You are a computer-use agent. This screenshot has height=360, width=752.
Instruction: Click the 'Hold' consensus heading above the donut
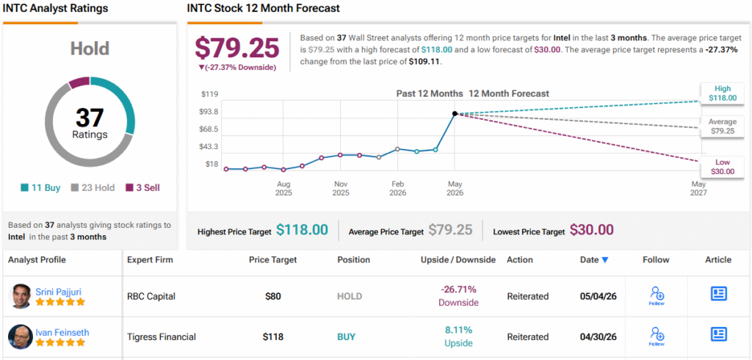pyautogui.click(x=90, y=48)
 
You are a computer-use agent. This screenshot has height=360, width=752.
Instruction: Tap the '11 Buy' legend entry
pyautogui.click(x=40, y=187)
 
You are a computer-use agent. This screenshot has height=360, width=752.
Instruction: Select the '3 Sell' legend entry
pyautogui.click(x=142, y=187)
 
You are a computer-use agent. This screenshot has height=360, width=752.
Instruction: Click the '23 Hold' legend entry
pyautogui.click(x=93, y=187)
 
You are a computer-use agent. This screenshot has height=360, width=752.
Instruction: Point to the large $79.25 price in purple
pyautogui.click(x=237, y=48)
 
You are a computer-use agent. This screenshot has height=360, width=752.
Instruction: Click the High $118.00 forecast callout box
pyautogui.click(x=723, y=93)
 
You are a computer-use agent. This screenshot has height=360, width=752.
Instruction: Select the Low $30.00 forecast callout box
pyautogui.click(x=723, y=167)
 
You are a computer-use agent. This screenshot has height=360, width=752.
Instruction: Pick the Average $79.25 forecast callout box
pyautogui.click(x=723, y=126)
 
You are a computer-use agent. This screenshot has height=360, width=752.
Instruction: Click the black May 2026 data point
pyautogui.click(x=455, y=114)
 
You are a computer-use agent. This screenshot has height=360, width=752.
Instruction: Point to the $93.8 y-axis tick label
pyautogui.click(x=209, y=112)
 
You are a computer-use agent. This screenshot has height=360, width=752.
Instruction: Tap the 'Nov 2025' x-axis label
pyautogui.click(x=341, y=188)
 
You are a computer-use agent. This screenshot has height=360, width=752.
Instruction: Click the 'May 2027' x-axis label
pyautogui.click(x=698, y=188)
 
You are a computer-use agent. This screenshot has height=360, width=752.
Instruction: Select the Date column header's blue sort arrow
pyautogui.click(x=605, y=260)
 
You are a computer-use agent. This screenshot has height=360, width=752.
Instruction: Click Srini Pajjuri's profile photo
pyautogui.click(x=20, y=296)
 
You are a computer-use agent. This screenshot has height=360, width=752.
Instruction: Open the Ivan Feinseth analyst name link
pyautogui.click(x=62, y=332)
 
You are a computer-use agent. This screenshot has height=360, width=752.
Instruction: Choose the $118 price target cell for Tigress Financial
pyautogui.click(x=273, y=337)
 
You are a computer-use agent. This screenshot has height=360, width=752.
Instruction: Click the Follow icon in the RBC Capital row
pyautogui.click(x=657, y=295)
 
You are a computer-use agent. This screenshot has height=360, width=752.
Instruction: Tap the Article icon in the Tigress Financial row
pyautogui.click(x=718, y=334)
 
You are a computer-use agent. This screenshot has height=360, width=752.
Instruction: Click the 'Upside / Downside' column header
pyautogui.click(x=458, y=259)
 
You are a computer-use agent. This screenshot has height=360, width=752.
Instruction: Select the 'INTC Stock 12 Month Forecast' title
pyautogui.click(x=264, y=8)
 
